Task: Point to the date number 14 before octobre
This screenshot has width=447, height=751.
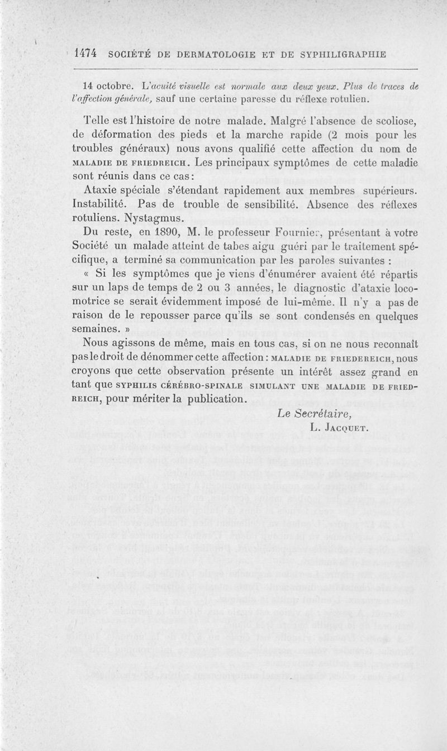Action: [87, 87]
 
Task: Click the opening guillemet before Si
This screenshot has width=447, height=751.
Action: [86, 274]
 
